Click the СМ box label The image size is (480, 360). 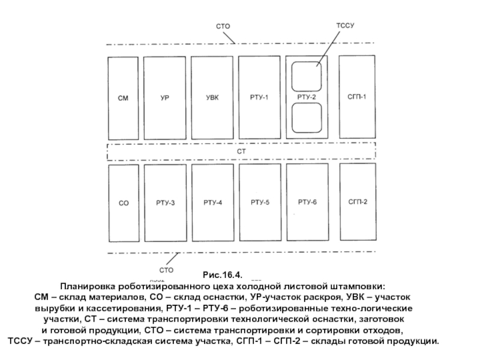click(x=123, y=97)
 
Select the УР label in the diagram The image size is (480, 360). click(x=164, y=97)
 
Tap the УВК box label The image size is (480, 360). click(x=213, y=97)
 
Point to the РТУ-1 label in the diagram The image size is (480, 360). click(x=259, y=97)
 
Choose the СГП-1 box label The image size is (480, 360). click(x=356, y=97)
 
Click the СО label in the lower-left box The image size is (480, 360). click(x=123, y=203)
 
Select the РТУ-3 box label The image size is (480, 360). click(x=166, y=203)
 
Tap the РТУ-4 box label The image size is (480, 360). click(x=213, y=203)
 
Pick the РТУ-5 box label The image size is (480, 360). click(x=260, y=203)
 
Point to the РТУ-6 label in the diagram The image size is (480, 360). click(x=307, y=202)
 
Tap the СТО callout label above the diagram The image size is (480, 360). click(x=223, y=26)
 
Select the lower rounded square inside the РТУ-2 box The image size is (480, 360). click(x=307, y=118)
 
